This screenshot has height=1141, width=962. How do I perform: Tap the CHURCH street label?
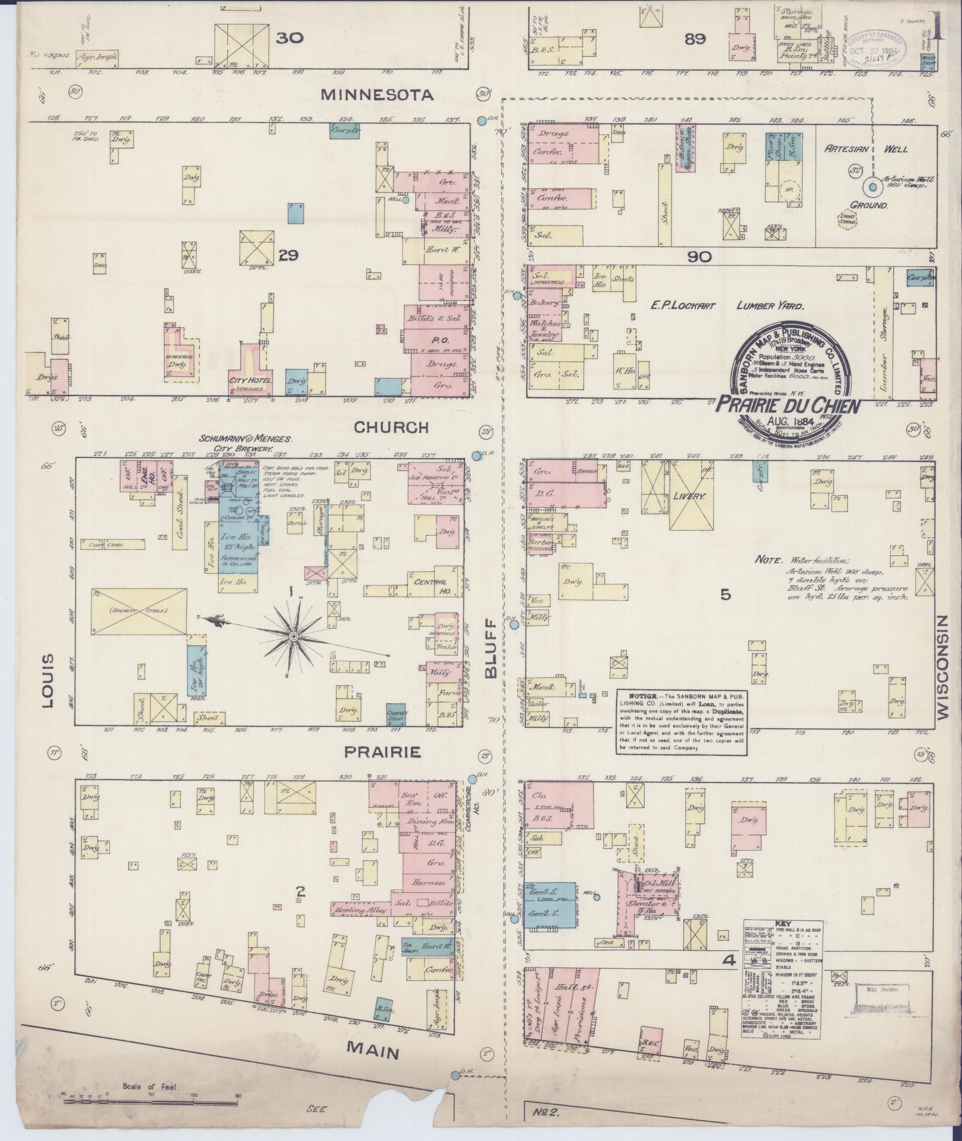point(391,427)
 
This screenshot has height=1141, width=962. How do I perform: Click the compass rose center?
point(293,638)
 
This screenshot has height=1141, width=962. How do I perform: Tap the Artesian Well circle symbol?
point(873,187)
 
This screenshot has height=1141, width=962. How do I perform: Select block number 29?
point(288,255)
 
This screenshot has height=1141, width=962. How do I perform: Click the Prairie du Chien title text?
point(787,406)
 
